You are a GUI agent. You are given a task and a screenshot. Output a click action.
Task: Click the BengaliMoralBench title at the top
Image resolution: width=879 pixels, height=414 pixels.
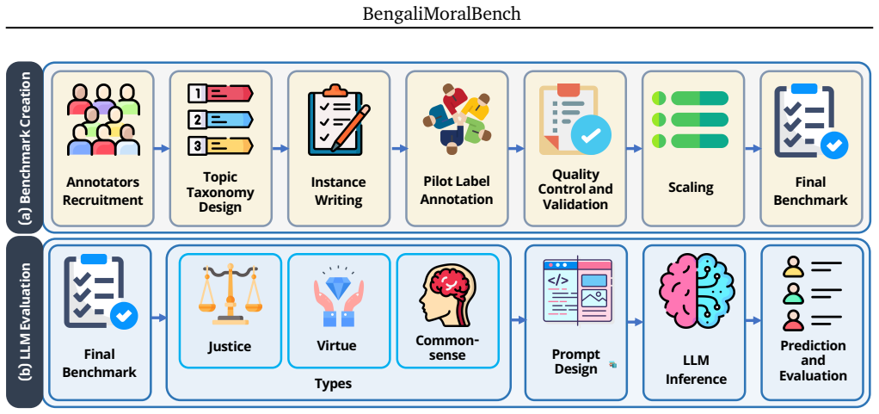click(441, 14)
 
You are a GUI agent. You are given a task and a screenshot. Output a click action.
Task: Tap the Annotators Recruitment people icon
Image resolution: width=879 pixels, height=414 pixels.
click(103, 120)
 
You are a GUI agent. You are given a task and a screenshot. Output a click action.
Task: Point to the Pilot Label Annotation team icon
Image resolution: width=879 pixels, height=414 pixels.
click(457, 119)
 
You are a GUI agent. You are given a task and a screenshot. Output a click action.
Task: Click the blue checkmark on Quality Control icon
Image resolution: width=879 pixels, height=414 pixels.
click(591, 134)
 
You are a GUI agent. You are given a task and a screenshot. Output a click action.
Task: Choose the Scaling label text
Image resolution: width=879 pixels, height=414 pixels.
click(691, 187)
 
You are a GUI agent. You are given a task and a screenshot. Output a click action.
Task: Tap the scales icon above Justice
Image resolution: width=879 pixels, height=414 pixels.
click(230, 294)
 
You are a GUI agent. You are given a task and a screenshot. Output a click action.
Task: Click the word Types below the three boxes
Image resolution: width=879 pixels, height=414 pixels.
click(333, 384)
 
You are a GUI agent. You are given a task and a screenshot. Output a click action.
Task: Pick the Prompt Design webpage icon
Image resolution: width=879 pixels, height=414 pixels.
click(577, 291)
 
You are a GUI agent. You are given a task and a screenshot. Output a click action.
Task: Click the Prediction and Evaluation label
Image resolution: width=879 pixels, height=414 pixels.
click(813, 360)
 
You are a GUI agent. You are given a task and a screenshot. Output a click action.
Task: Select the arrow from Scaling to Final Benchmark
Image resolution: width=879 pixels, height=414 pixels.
click(753, 149)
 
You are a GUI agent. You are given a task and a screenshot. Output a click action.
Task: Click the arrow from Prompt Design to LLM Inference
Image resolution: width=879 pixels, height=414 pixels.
click(635, 322)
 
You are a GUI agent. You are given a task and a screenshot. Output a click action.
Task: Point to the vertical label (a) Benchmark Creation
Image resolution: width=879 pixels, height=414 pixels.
click(25, 147)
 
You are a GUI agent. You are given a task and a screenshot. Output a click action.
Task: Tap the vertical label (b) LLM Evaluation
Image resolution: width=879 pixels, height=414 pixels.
click(25, 322)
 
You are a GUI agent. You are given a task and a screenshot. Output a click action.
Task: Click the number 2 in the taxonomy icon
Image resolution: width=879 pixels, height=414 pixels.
click(196, 120)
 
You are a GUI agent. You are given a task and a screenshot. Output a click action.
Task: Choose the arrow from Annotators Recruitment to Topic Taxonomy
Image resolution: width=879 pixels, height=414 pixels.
click(162, 149)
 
